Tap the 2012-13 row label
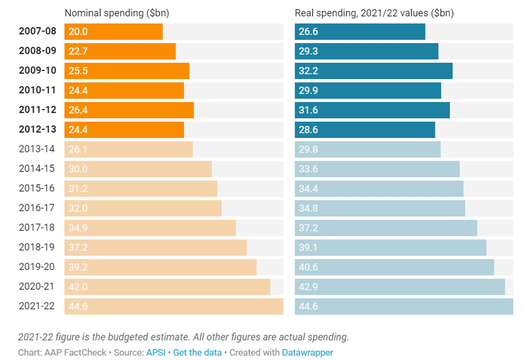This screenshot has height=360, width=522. (37, 130)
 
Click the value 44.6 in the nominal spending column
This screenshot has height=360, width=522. (78, 306)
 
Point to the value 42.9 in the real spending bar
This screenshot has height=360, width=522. (308, 287)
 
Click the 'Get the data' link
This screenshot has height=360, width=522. (197, 352)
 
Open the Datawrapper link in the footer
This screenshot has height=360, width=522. (307, 352)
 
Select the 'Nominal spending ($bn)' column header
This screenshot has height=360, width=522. (117, 13)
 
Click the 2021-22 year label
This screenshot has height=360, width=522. (37, 306)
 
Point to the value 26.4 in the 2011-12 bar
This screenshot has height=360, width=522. (78, 110)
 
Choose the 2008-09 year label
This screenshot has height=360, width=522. (37, 51)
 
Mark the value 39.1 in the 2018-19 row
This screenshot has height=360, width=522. (308, 247)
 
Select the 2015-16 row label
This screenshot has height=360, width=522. (37, 188)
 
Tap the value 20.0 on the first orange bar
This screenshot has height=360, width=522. (78, 32)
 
